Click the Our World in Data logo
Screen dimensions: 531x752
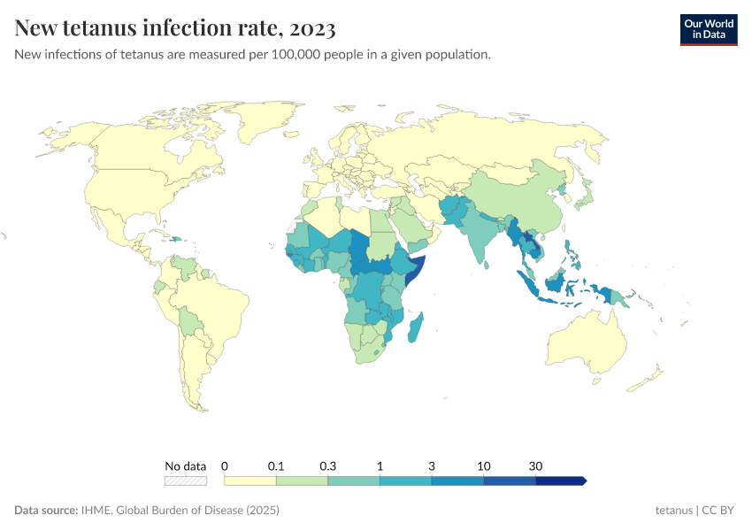[708, 28]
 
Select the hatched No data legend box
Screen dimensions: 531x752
[185, 481]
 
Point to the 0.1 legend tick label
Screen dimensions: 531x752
[276, 466]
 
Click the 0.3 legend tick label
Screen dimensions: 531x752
[328, 466]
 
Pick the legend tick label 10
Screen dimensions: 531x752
[484, 466]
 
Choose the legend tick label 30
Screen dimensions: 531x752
[535, 466]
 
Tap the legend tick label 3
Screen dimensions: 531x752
[432, 466]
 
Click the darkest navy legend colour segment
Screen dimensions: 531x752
[560, 481]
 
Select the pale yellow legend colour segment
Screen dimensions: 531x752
[250, 481]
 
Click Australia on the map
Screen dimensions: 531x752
[585, 341]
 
